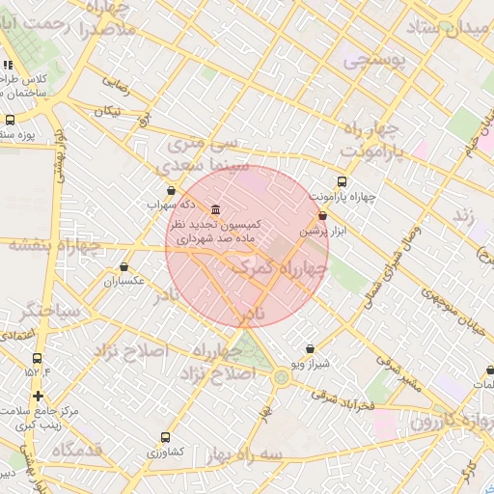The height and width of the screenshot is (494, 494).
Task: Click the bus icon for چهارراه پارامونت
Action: pyautogui.click(x=342, y=181)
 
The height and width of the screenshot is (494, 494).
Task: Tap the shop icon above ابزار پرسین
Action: pyautogui.click(x=321, y=216)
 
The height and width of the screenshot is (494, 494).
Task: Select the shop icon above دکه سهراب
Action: pyautogui.click(x=172, y=190)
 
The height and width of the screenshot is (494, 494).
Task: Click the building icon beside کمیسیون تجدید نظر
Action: pyautogui.click(x=214, y=210)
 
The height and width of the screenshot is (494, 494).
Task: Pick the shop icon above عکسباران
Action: pyautogui.click(x=123, y=267)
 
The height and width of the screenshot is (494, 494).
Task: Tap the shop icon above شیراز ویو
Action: pyautogui.click(x=310, y=348)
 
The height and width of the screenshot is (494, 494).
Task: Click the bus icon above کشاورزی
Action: pyautogui.click(x=165, y=437)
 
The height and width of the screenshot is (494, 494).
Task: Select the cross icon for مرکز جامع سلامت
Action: pyautogui.click(x=37, y=397)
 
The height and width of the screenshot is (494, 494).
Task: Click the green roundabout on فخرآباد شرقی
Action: pyautogui.click(x=281, y=377)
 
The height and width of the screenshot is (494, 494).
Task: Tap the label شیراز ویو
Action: pyautogui.click(x=311, y=364)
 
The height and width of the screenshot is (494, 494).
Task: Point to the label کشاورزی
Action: pyautogui.click(x=165, y=452)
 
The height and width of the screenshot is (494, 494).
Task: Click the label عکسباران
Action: pyautogui.click(x=124, y=282)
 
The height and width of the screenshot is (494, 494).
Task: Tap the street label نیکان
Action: pyautogui.click(x=107, y=111)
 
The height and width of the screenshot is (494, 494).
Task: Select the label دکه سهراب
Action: pyautogui.click(x=171, y=205)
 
